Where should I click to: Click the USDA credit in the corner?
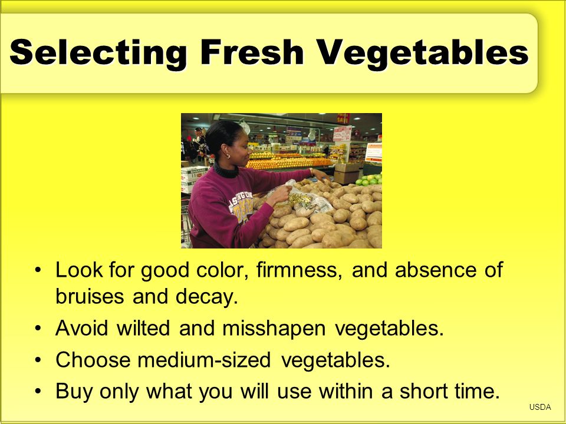(540, 407)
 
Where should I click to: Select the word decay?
(207, 297)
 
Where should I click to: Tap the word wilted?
(143, 328)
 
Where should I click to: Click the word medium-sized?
(204, 360)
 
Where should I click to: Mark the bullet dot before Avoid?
(38, 329)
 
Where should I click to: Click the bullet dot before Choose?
(38, 360)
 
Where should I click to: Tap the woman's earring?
(228, 155)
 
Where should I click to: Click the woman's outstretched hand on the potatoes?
(319, 175)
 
